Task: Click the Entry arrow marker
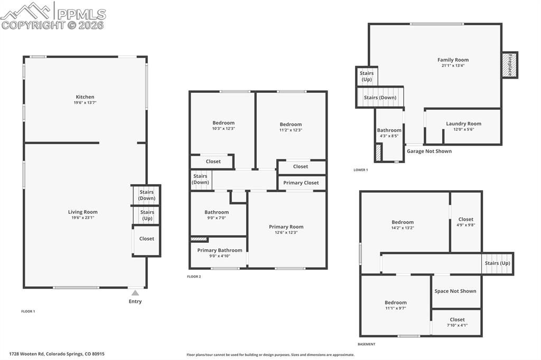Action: pyautogui.click(x=135, y=293)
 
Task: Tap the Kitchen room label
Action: pyautogui.click(x=85, y=97)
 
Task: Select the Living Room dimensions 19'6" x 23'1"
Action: pyautogui.click(x=83, y=217)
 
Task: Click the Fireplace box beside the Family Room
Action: pyautogui.click(x=509, y=65)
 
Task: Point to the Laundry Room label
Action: pyautogui.click(x=463, y=124)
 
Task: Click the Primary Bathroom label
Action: pyautogui.click(x=219, y=250)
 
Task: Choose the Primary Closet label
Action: pyautogui.click(x=301, y=183)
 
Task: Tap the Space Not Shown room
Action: pyautogui.click(x=455, y=291)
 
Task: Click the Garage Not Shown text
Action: pyautogui.click(x=429, y=151)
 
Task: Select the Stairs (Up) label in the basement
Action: pyautogui.click(x=497, y=263)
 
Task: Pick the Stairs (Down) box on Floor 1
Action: pyautogui.click(x=146, y=195)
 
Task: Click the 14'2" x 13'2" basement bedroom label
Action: pyautogui.click(x=403, y=222)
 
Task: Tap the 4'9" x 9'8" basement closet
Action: pyautogui.click(x=465, y=222)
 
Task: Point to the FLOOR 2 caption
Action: pyautogui.click(x=194, y=277)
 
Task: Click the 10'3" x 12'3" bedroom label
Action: pyautogui.click(x=223, y=123)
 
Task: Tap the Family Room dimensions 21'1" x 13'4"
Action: pyautogui.click(x=453, y=65)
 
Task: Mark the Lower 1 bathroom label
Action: pyautogui.click(x=389, y=130)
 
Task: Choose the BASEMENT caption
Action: pyautogui.click(x=366, y=344)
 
